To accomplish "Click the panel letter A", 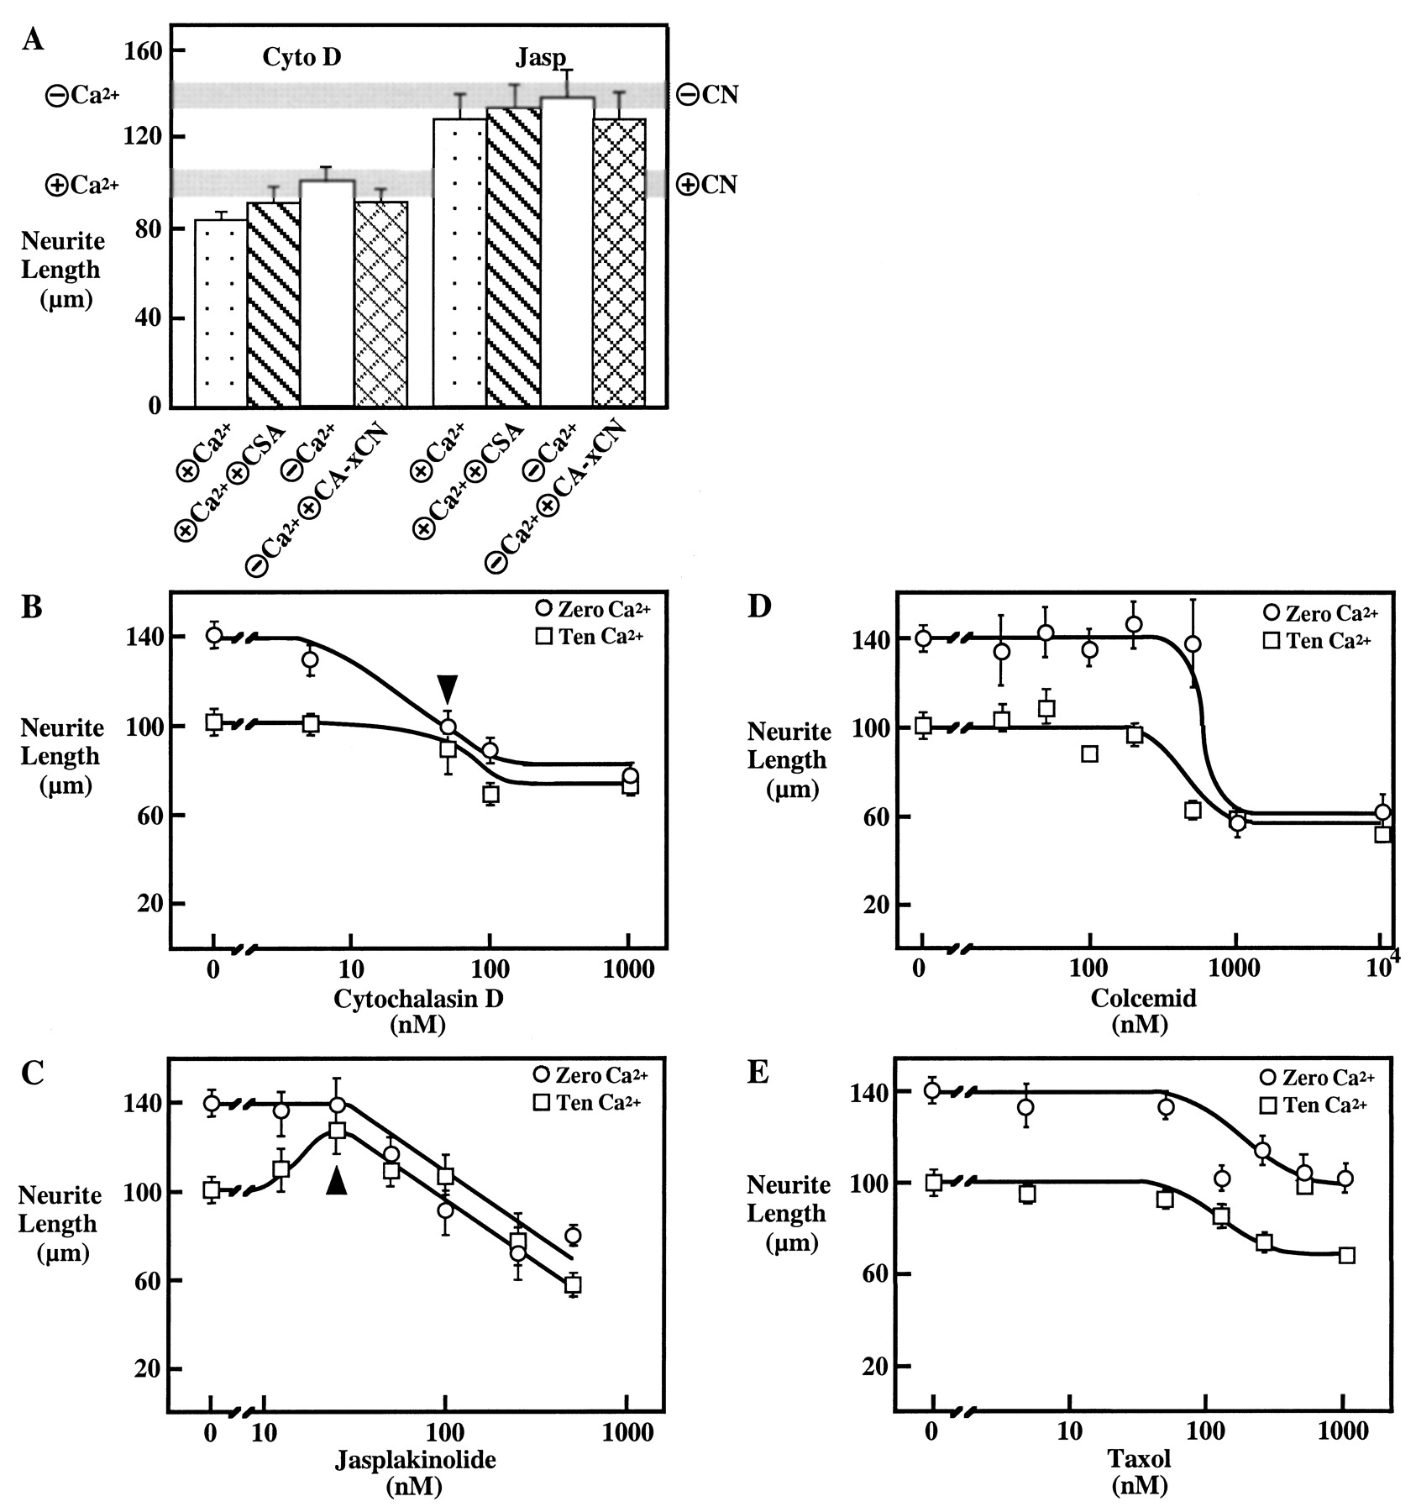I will [x=33, y=39].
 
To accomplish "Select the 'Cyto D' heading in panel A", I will [x=302, y=57].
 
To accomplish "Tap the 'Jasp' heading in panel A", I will [x=539, y=59].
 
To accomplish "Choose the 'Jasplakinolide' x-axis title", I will [x=416, y=1459].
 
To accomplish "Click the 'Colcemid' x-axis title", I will [x=1143, y=998].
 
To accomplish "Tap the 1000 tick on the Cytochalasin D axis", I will [x=629, y=971].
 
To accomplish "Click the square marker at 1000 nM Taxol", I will [x=1345, y=1255].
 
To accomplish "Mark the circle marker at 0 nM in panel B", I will [x=214, y=635].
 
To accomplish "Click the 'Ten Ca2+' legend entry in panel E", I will [x=1315, y=1105].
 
